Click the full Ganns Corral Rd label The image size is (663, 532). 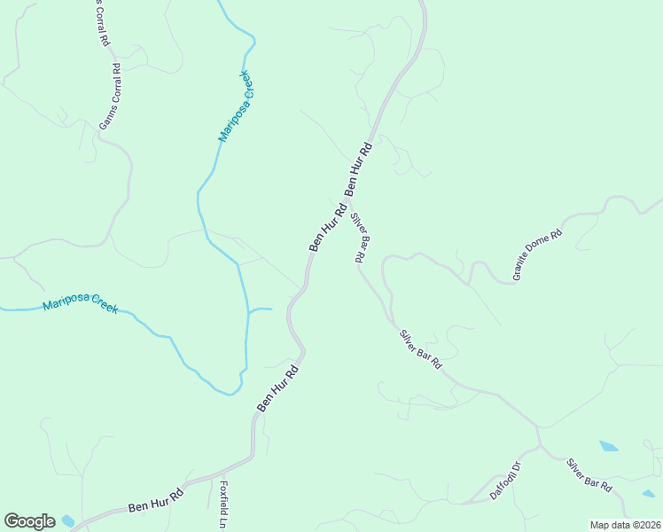pyautogui.click(x=110, y=97)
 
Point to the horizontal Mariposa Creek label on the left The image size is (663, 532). pyautogui.click(x=80, y=307)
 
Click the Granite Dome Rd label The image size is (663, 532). pyautogui.click(x=538, y=256)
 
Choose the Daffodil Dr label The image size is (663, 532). pyautogui.click(x=503, y=480)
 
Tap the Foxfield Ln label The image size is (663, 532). pyautogui.click(x=224, y=505)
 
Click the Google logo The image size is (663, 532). pyautogui.click(x=29, y=521)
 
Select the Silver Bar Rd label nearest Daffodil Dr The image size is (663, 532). pyautogui.click(x=589, y=476)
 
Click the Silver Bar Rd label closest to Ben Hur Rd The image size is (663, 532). pyautogui.click(x=359, y=237)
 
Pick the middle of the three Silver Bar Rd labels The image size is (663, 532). pyautogui.click(x=420, y=349)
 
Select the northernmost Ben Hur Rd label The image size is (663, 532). pyautogui.click(x=358, y=168)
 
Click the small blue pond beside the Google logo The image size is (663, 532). pyautogui.click(x=68, y=520)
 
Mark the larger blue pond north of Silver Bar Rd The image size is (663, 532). pyautogui.click(x=608, y=446)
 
